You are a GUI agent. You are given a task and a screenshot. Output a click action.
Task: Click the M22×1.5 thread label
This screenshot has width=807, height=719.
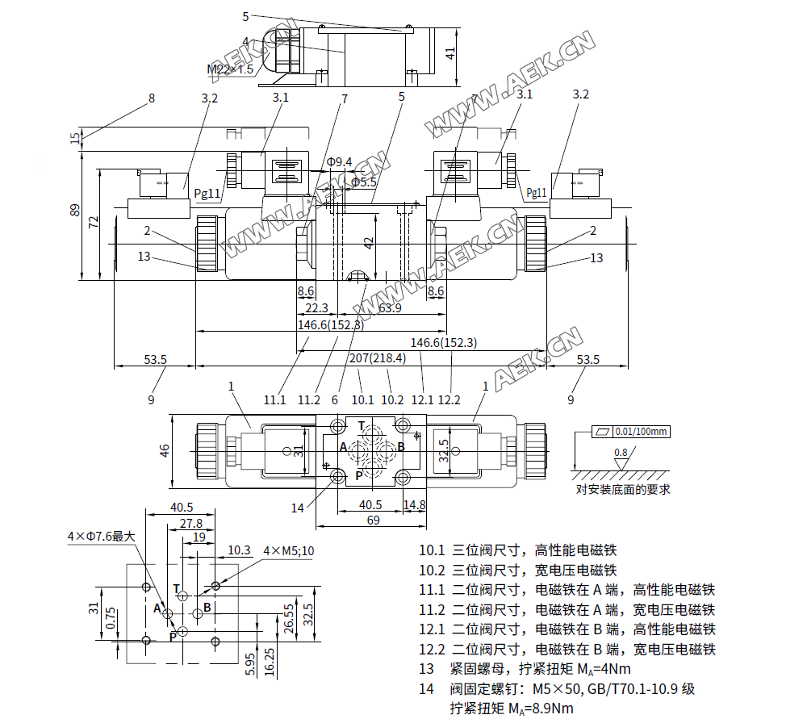click(x=231, y=69)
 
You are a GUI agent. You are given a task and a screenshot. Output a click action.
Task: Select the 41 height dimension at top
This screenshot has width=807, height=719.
click(x=450, y=53)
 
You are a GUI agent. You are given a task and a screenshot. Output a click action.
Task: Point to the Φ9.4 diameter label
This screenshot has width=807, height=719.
click(x=340, y=162)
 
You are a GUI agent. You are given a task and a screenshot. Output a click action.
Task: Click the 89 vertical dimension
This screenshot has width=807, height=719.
click(x=75, y=211)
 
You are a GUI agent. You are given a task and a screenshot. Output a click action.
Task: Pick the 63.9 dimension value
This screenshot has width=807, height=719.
click(x=391, y=307)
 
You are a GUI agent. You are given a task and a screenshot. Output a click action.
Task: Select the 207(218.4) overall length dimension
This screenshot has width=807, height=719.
click(x=378, y=357)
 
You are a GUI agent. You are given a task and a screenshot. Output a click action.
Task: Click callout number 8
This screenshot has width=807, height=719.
click(x=151, y=98)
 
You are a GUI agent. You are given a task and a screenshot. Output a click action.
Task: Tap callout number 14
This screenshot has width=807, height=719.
click(x=298, y=508)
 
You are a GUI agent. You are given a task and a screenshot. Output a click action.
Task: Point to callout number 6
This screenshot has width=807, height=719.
click(x=334, y=399)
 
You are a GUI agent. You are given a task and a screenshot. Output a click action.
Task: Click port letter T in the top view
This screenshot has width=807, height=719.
click(x=361, y=426)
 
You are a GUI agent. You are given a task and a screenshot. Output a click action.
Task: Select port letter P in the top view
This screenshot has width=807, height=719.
click(x=359, y=476)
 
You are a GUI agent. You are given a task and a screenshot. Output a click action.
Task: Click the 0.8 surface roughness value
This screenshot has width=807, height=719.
click(x=621, y=453)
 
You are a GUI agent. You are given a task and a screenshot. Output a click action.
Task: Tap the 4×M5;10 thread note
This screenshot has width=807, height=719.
click(x=289, y=551)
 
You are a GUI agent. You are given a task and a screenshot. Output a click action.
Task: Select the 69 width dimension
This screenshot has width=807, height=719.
click(x=373, y=521)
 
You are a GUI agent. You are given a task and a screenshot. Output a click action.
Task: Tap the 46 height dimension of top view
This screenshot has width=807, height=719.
click(x=165, y=450)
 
